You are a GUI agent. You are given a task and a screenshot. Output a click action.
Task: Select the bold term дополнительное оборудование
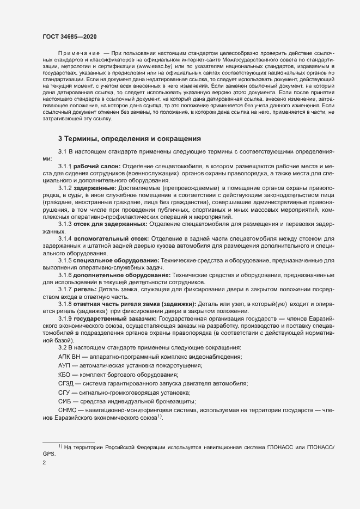pos(123,275)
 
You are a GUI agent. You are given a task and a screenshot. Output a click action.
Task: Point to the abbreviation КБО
pos(64,375)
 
